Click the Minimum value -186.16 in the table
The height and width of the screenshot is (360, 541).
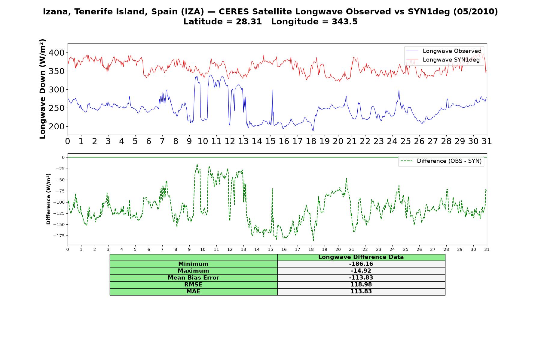point(361,264)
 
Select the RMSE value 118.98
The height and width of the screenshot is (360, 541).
point(361,285)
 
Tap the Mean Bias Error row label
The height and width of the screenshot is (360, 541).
point(193,278)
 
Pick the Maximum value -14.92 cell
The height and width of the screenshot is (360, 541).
point(361,271)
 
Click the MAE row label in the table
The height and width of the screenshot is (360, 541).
point(193,292)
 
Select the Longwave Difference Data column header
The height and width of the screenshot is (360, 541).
point(361,257)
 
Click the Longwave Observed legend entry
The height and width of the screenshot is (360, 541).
point(444,51)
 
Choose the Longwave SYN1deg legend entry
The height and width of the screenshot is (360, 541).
point(443,60)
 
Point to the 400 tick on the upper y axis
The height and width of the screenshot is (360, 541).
point(56,53)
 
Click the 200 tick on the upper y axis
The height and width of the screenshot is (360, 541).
point(56,127)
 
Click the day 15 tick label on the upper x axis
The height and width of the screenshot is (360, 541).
point(270,141)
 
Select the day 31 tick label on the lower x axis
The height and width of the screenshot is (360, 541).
point(487,250)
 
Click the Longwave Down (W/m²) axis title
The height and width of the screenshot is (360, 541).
point(43,89)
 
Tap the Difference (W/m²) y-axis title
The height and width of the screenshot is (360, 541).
point(49,199)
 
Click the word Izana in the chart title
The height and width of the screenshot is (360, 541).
point(57,12)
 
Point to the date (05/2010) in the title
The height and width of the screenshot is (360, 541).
point(475,12)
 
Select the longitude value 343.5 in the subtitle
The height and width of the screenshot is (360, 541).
point(345,22)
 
